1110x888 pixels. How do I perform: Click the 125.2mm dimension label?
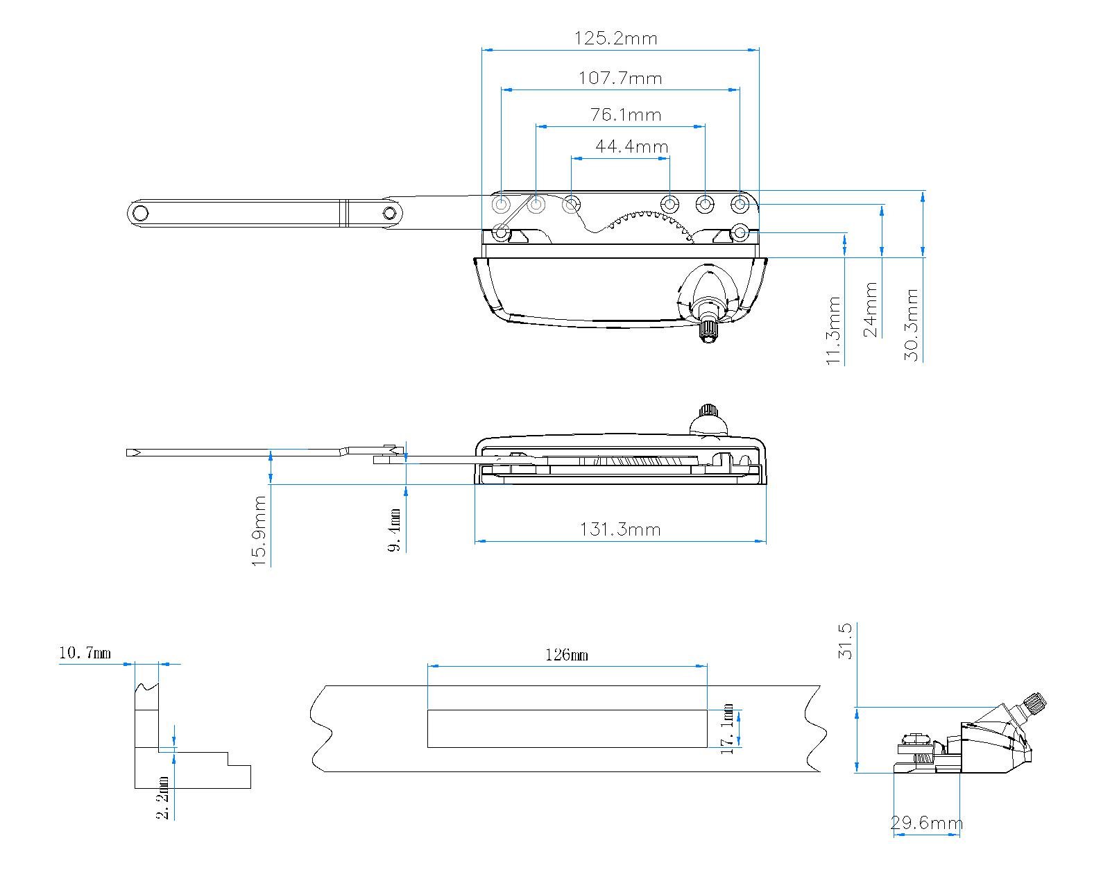[615, 38]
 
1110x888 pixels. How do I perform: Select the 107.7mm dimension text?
[620, 78]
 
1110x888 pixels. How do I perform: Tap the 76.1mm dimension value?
[626, 114]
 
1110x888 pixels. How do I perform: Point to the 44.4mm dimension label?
[631, 147]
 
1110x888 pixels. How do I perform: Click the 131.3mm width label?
[620, 530]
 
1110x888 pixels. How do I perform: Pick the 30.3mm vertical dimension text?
[912, 325]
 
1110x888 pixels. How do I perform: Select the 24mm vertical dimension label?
[871, 309]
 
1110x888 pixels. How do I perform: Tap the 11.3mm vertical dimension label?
[835, 330]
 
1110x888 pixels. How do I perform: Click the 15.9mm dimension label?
[260, 531]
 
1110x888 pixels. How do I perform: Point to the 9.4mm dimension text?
[395, 529]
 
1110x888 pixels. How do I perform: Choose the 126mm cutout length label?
[567, 655]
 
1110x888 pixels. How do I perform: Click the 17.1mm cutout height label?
[727, 729]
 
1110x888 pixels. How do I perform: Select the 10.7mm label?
[85, 653]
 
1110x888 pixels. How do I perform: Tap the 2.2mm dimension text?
[164, 797]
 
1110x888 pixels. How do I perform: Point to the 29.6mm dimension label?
[926, 823]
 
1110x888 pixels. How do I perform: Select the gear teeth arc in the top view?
[649, 221]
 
